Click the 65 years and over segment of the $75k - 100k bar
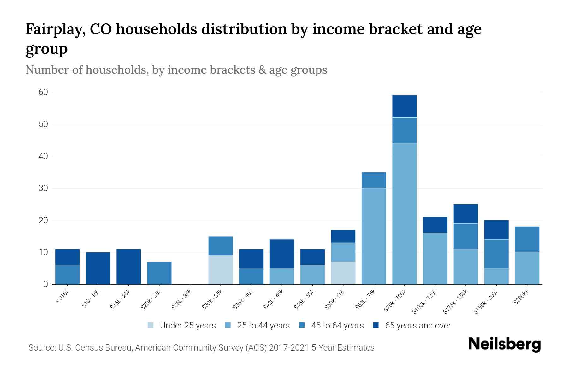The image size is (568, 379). tap(404, 106)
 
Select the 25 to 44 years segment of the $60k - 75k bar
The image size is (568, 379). tap(374, 236)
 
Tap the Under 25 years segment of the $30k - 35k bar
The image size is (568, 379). tap(221, 270)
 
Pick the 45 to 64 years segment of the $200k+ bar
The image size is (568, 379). tap(527, 239)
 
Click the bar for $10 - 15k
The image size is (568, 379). tap(98, 268)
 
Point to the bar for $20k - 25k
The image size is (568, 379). tap(159, 273)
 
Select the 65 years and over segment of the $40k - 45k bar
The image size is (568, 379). tap(282, 254)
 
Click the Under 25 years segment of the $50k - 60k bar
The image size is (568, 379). tap(343, 273)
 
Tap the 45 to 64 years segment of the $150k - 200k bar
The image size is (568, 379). tap(496, 254)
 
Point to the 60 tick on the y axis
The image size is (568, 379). tap(43, 92)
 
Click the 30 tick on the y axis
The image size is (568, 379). tap(43, 188)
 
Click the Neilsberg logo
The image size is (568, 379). tap(504, 345)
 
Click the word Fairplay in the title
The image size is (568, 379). tap(54, 29)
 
